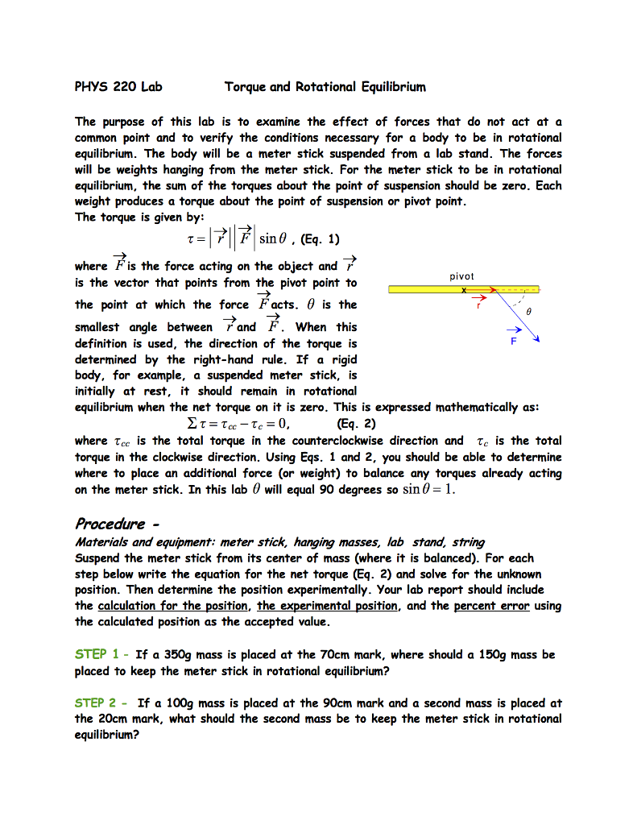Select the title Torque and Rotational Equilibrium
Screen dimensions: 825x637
point(325,86)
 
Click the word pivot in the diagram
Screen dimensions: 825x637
point(462,276)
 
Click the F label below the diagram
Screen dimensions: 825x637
point(513,342)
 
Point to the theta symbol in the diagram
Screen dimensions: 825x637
point(529,309)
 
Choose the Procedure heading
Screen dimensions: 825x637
point(110,524)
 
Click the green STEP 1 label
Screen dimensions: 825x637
point(97,654)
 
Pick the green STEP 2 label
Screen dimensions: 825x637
point(97,703)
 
